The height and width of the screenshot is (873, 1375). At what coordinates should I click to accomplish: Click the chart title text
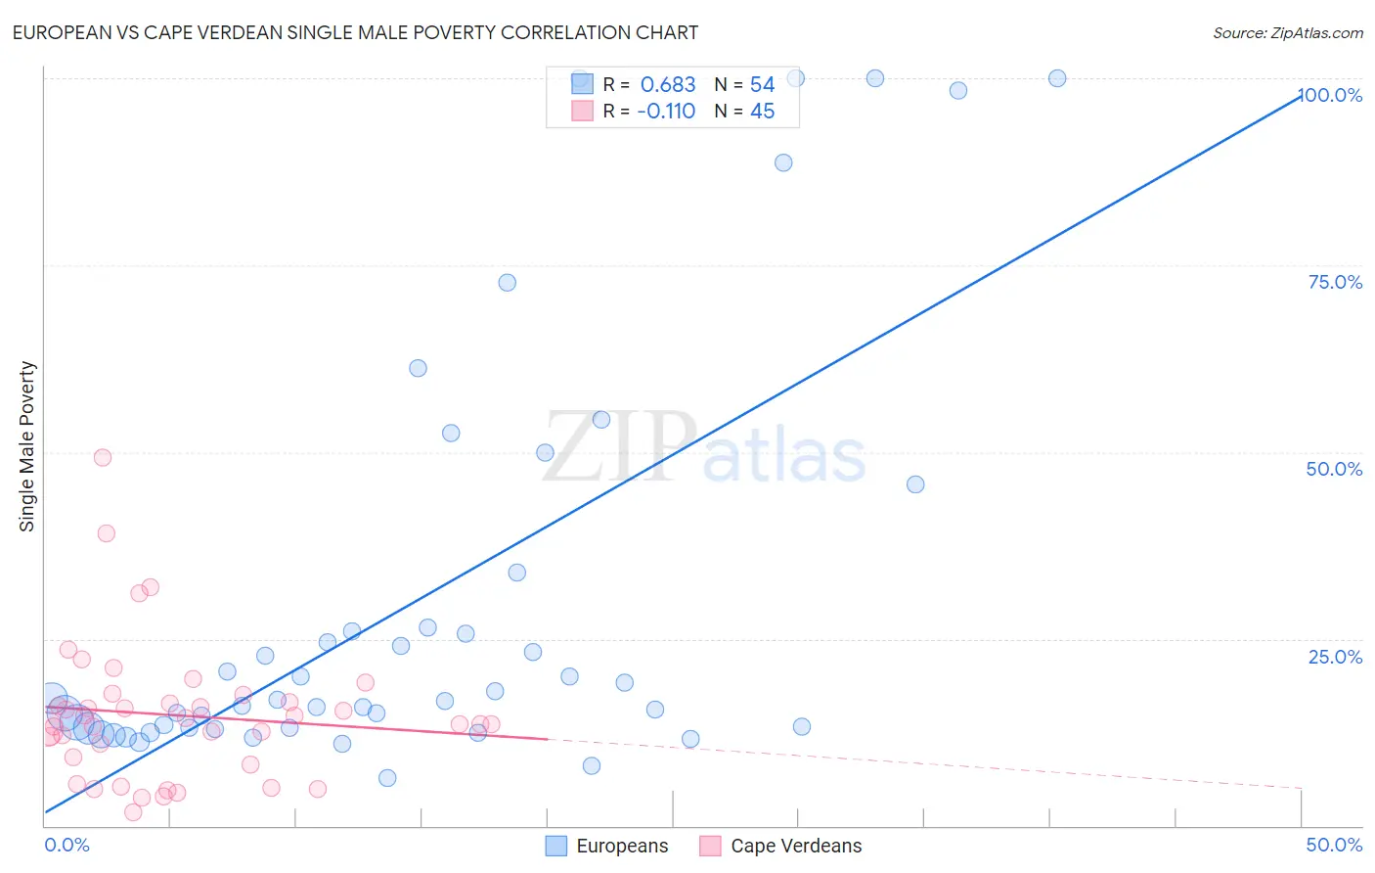tap(355, 32)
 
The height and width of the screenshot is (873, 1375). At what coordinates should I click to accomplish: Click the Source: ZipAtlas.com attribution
tap(1287, 32)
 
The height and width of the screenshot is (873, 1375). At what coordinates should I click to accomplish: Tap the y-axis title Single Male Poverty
tap(27, 446)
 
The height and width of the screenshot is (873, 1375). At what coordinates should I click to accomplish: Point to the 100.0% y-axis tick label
tap(1330, 95)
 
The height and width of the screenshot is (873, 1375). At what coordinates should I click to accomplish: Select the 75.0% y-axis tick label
tap(1335, 282)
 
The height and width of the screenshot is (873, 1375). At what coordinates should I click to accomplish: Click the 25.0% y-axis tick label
tap(1335, 657)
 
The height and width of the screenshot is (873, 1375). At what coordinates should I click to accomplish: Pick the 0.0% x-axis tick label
tap(67, 845)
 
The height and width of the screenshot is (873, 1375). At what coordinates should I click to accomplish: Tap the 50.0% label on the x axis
tap(1334, 845)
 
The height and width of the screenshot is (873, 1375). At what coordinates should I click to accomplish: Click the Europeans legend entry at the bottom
tap(607, 846)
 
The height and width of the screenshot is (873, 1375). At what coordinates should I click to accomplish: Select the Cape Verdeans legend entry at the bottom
tap(781, 846)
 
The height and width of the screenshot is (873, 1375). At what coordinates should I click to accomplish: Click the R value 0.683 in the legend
tap(667, 85)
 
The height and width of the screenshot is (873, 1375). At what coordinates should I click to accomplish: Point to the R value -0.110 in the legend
tap(665, 112)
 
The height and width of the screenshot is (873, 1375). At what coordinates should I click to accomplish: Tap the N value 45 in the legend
tap(762, 112)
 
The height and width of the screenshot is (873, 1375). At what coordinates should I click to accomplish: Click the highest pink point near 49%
tap(103, 457)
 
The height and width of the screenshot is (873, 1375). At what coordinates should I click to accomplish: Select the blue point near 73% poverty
tap(507, 283)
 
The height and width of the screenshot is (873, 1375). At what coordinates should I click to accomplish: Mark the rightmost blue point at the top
tap(1057, 78)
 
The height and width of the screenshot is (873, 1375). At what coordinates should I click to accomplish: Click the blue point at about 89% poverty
tap(783, 162)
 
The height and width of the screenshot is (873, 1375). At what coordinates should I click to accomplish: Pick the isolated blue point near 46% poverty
tap(915, 484)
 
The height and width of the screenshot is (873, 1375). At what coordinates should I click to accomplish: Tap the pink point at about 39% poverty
tap(107, 533)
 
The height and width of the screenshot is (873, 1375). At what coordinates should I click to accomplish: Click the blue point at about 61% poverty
tap(418, 368)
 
